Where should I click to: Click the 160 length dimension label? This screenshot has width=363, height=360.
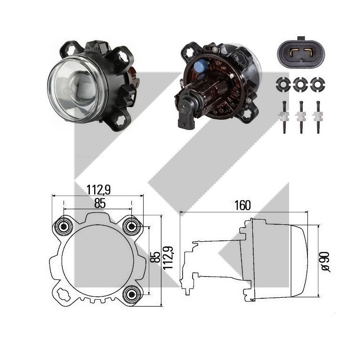(242, 205)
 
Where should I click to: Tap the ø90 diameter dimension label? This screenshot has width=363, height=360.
(325, 262)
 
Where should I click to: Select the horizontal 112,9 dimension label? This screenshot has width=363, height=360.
(98, 190)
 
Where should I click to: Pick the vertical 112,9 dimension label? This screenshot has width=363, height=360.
(168, 258)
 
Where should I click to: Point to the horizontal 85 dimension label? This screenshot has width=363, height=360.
(100, 204)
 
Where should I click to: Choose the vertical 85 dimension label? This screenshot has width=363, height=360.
(155, 257)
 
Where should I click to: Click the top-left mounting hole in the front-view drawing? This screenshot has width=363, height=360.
(63, 226)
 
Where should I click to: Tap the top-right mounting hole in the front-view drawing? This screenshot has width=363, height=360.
(131, 226)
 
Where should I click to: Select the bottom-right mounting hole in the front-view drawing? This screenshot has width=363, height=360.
(131, 295)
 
